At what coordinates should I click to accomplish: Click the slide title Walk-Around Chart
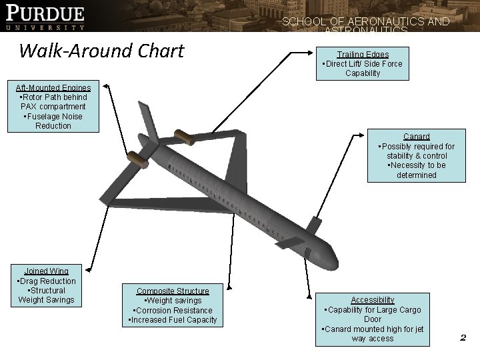tap(101, 50)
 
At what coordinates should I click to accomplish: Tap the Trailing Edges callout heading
tap(363, 54)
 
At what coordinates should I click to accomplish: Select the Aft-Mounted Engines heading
tap(53, 87)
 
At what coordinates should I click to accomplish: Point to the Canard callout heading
tap(416, 137)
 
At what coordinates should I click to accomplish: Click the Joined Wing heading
tap(46, 271)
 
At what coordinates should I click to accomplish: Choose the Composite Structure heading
tap(173, 291)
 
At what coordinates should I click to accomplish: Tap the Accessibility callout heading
tap(373, 300)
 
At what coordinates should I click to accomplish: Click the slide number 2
tap(462, 338)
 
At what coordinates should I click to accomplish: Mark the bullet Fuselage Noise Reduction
tap(53, 121)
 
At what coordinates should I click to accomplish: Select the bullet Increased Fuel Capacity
tap(173, 320)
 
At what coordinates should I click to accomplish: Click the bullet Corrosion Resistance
tap(173, 310)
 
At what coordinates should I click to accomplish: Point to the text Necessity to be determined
tap(416, 170)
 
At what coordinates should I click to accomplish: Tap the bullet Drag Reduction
tap(46, 281)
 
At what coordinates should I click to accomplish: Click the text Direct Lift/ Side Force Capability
tap(363, 68)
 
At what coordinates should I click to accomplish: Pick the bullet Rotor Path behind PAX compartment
tap(53, 101)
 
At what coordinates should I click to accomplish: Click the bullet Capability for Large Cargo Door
tap(373, 314)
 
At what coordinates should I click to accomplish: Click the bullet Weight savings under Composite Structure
tap(173, 301)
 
